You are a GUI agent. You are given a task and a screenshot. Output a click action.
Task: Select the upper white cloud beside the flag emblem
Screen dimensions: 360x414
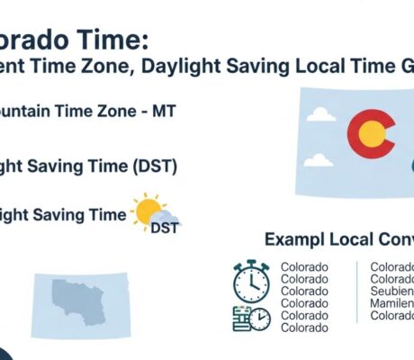point(320,114)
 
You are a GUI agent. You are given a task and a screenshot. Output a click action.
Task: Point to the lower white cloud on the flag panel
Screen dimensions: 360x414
point(318,160)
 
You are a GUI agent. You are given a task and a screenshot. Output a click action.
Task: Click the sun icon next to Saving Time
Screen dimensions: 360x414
point(147,211)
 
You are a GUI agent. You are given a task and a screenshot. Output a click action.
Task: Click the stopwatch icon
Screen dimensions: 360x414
point(251,282)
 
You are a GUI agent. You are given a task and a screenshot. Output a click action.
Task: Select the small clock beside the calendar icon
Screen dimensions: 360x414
point(260,319)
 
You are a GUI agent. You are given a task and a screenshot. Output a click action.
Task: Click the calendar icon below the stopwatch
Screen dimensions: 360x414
point(241,318)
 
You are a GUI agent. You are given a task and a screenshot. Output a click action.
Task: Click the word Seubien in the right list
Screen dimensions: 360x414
point(392,292)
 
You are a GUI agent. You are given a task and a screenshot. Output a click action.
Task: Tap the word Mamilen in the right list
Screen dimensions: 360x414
point(392,304)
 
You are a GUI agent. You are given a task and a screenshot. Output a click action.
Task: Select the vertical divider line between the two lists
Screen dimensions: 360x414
point(357,292)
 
